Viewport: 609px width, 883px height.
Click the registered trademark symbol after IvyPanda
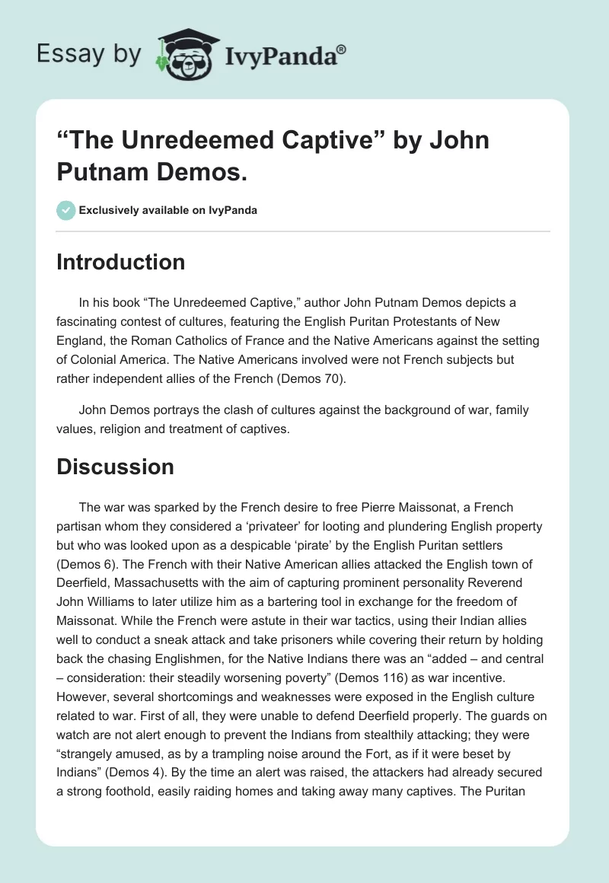pyautogui.click(x=342, y=49)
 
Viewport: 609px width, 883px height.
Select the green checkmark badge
pyautogui.click(x=66, y=210)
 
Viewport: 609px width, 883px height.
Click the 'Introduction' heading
pyautogui.click(x=120, y=263)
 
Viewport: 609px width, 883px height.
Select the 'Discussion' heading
pyautogui.click(x=116, y=466)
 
